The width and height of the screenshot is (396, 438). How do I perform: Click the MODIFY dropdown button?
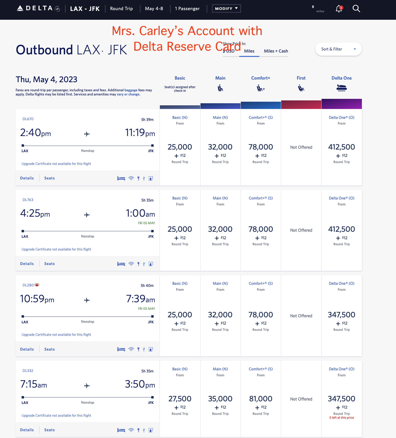click(x=226, y=9)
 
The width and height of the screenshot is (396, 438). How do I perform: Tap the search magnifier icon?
click(x=356, y=9)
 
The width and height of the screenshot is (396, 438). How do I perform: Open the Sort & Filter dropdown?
click(x=338, y=49)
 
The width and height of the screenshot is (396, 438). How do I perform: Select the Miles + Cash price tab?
click(x=276, y=51)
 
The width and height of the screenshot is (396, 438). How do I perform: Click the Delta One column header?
click(x=341, y=78)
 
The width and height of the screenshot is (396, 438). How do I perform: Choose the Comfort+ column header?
click(x=261, y=78)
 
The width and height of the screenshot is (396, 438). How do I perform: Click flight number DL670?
click(x=28, y=119)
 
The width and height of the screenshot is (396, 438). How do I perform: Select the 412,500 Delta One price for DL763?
click(x=341, y=229)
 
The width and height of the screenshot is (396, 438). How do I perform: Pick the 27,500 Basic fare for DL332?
click(x=180, y=399)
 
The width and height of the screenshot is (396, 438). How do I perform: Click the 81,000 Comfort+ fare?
click(x=261, y=399)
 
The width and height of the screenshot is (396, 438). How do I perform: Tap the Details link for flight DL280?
click(x=27, y=349)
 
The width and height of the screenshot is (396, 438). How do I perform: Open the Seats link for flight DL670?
click(x=49, y=178)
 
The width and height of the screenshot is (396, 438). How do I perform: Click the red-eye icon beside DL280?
click(x=37, y=285)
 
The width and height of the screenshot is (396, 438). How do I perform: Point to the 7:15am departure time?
click(x=34, y=384)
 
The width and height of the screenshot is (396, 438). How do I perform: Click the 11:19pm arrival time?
click(x=140, y=133)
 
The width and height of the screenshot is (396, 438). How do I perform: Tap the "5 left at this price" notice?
click(x=341, y=418)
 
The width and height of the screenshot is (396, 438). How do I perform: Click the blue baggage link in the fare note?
click(x=131, y=90)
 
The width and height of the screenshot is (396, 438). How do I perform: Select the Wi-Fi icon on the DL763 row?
click(x=131, y=264)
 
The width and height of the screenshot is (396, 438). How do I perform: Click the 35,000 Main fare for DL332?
click(x=220, y=399)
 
